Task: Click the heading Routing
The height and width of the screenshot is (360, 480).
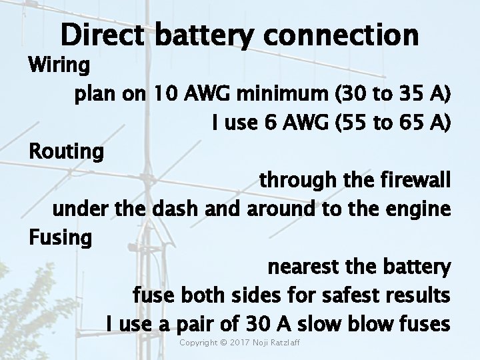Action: (66, 152)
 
